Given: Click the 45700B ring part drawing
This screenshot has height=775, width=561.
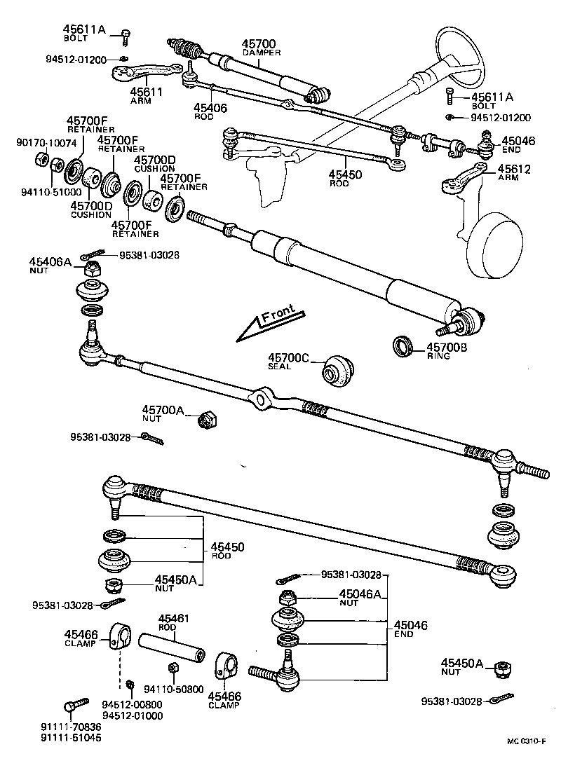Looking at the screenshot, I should (403, 345).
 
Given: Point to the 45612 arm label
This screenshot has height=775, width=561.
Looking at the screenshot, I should (515, 169).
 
